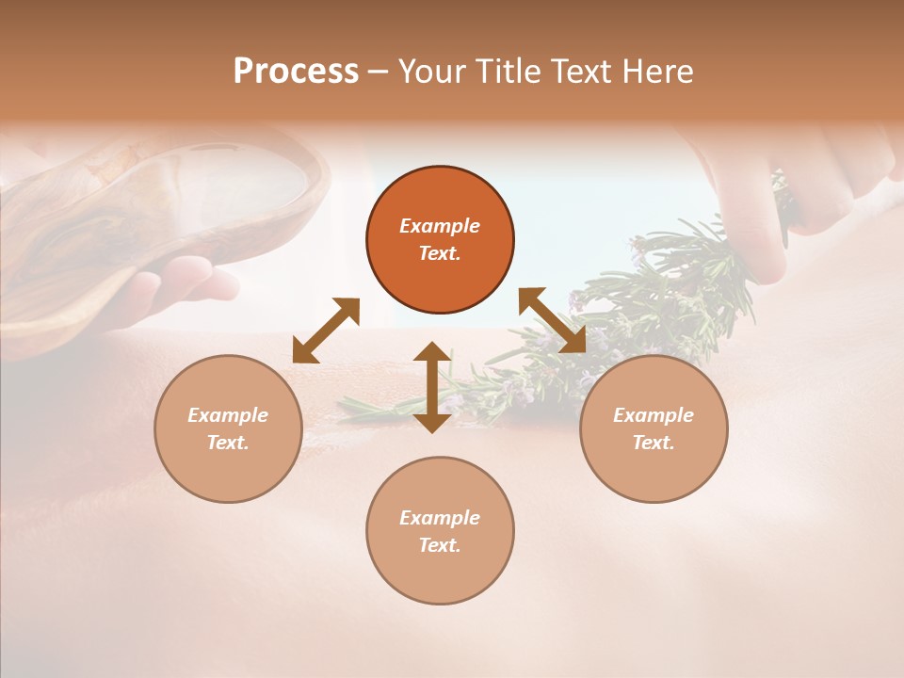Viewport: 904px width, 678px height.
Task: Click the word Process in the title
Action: pyautogui.click(x=296, y=72)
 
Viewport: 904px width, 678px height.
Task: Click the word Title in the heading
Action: pyautogui.click(x=508, y=72)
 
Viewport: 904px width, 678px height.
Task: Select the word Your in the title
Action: pyautogui.click(x=431, y=72)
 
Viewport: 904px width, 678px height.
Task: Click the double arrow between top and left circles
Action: pyautogui.click(x=326, y=331)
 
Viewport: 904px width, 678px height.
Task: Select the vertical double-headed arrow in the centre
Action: pyautogui.click(x=432, y=388)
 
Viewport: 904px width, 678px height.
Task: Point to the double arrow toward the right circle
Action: pyautogui.click(x=553, y=321)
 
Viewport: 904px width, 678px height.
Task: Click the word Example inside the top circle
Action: pyautogui.click(x=440, y=226)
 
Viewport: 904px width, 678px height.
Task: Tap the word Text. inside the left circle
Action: pyautogui.click(x=228, y=443)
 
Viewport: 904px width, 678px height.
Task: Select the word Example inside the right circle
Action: pyautogui.click(x=654, y=415)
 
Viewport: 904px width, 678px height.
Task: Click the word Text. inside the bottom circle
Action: pyautogui.click(x=440, y=545)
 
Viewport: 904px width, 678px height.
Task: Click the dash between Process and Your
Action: pyautogui.click(x=378, y=72)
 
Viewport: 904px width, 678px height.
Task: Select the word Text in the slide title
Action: pyautogui.click(x=585, y=72)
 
